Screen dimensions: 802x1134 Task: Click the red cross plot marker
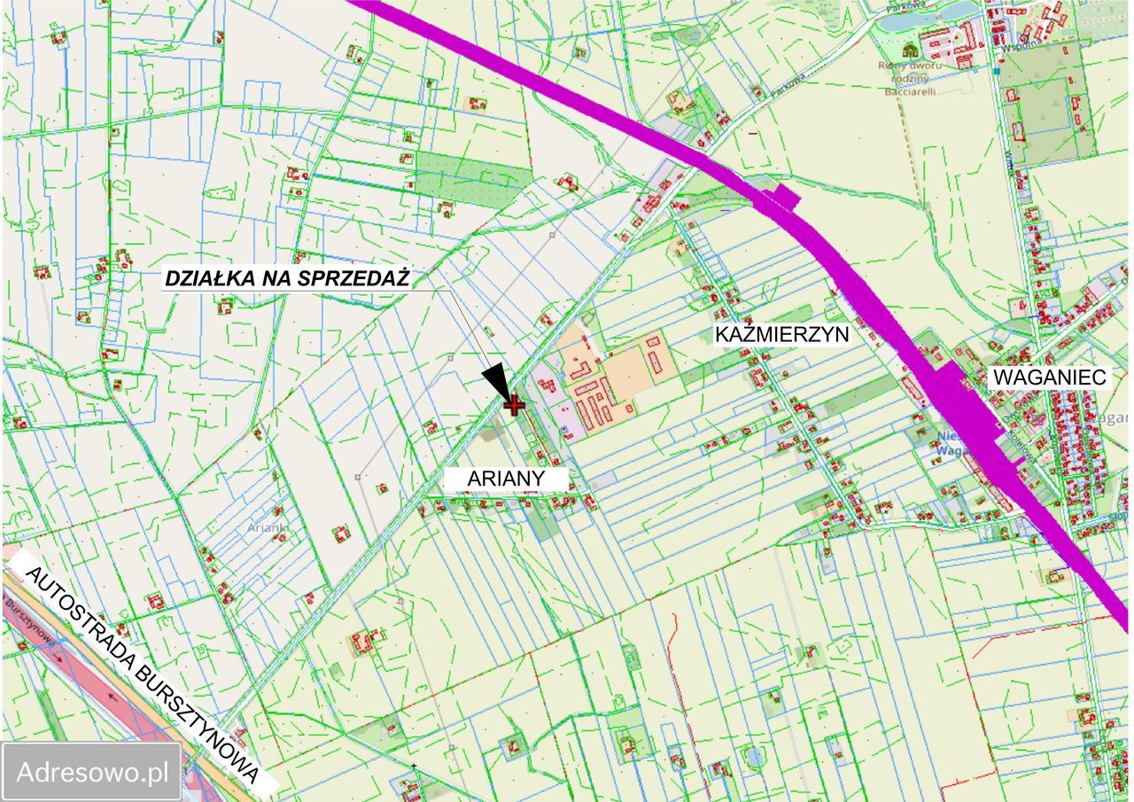(514, 405)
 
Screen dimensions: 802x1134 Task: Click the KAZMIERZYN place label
(782, 334)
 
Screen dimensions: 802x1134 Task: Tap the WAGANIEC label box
(1050, 378)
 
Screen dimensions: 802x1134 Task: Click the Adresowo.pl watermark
(93, 771)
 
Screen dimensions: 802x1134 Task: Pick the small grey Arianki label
(268, 527)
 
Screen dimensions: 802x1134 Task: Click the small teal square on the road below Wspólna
(997, 70)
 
